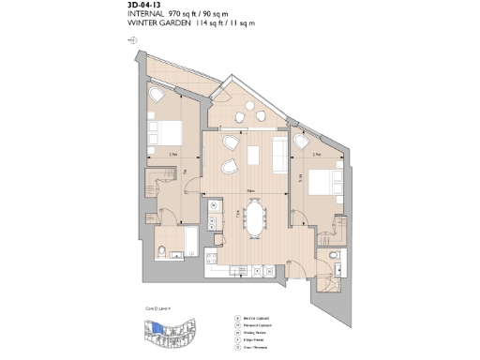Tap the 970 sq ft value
click(185, 15)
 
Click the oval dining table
click(254, 217)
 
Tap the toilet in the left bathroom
click(163, 250)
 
